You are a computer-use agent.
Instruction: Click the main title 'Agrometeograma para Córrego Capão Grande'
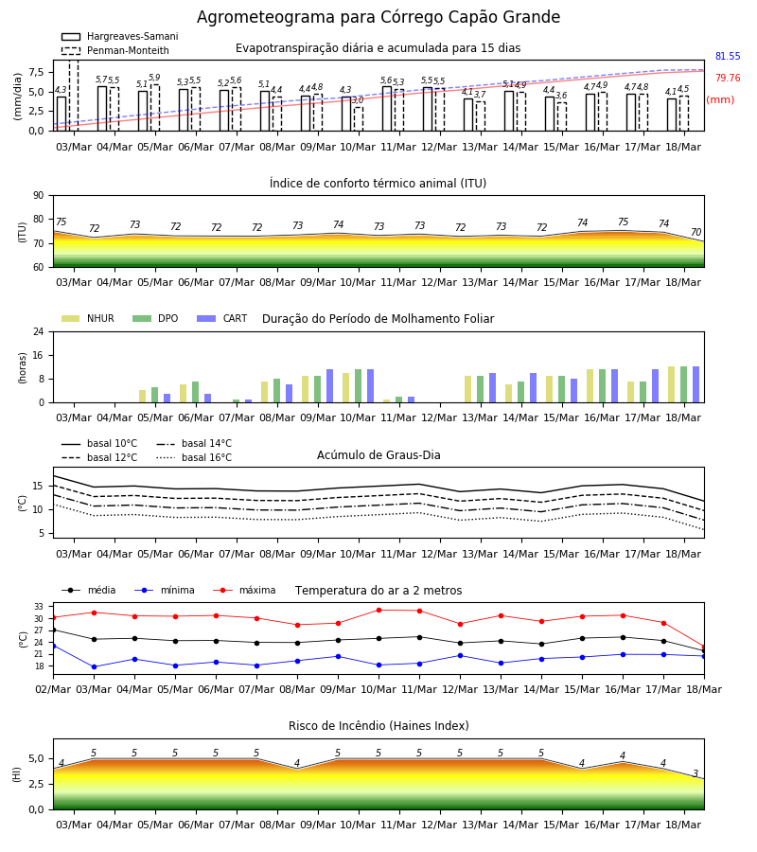(x=378, y=17)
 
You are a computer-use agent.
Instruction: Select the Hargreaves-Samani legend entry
(x=119, y=36)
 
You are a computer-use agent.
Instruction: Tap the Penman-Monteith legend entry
(x=115, y=50)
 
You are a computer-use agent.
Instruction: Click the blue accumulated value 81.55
(x=728, y=56)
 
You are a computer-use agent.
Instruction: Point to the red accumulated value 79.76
(x=728, y=78)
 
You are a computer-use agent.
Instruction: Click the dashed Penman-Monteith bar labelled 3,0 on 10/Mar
(x=359, y=119)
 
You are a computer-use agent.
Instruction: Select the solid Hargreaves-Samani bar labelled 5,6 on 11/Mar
(x=387, y=109)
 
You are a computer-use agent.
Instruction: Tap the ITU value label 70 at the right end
(x=695, y=232)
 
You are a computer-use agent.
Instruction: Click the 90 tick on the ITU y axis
(x=39, y=196)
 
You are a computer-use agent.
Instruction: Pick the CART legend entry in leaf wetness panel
(x=222, y=318)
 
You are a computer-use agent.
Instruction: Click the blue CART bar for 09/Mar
(x=329, y=386)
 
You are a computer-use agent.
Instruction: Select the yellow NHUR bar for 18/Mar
(x=671, y=384)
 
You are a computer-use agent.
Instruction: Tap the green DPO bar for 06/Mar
(x=196, y=392)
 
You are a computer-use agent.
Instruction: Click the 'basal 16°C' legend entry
(x=194, y=457)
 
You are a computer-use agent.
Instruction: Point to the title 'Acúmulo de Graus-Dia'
(x=378, y=455)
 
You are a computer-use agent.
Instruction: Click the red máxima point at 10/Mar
(x=378, y=611)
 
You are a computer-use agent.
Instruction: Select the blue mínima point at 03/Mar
(x=94, y=666)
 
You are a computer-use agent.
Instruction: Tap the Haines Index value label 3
(x=695, y=773)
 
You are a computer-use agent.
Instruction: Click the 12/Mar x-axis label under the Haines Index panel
(x=439, y=825)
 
